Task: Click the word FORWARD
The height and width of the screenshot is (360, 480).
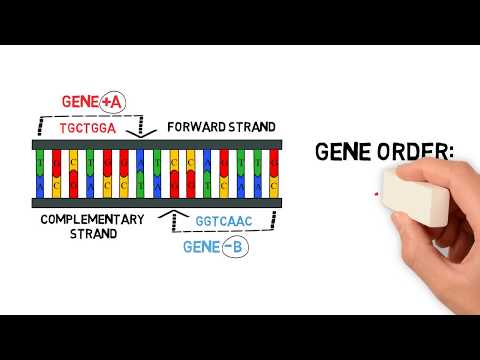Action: coord(196,128)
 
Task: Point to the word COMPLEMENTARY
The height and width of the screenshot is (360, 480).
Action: coord(92,219)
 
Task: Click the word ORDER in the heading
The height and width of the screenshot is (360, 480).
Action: coord(412,152)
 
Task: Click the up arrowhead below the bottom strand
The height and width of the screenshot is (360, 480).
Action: coord(179,213)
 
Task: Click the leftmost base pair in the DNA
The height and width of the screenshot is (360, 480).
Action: coord(40,174)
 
